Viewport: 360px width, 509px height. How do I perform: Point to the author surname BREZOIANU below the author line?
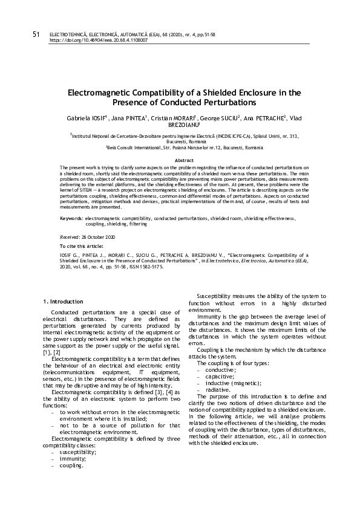click(179, 125)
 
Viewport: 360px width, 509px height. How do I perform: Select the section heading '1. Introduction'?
click(64, 301)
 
